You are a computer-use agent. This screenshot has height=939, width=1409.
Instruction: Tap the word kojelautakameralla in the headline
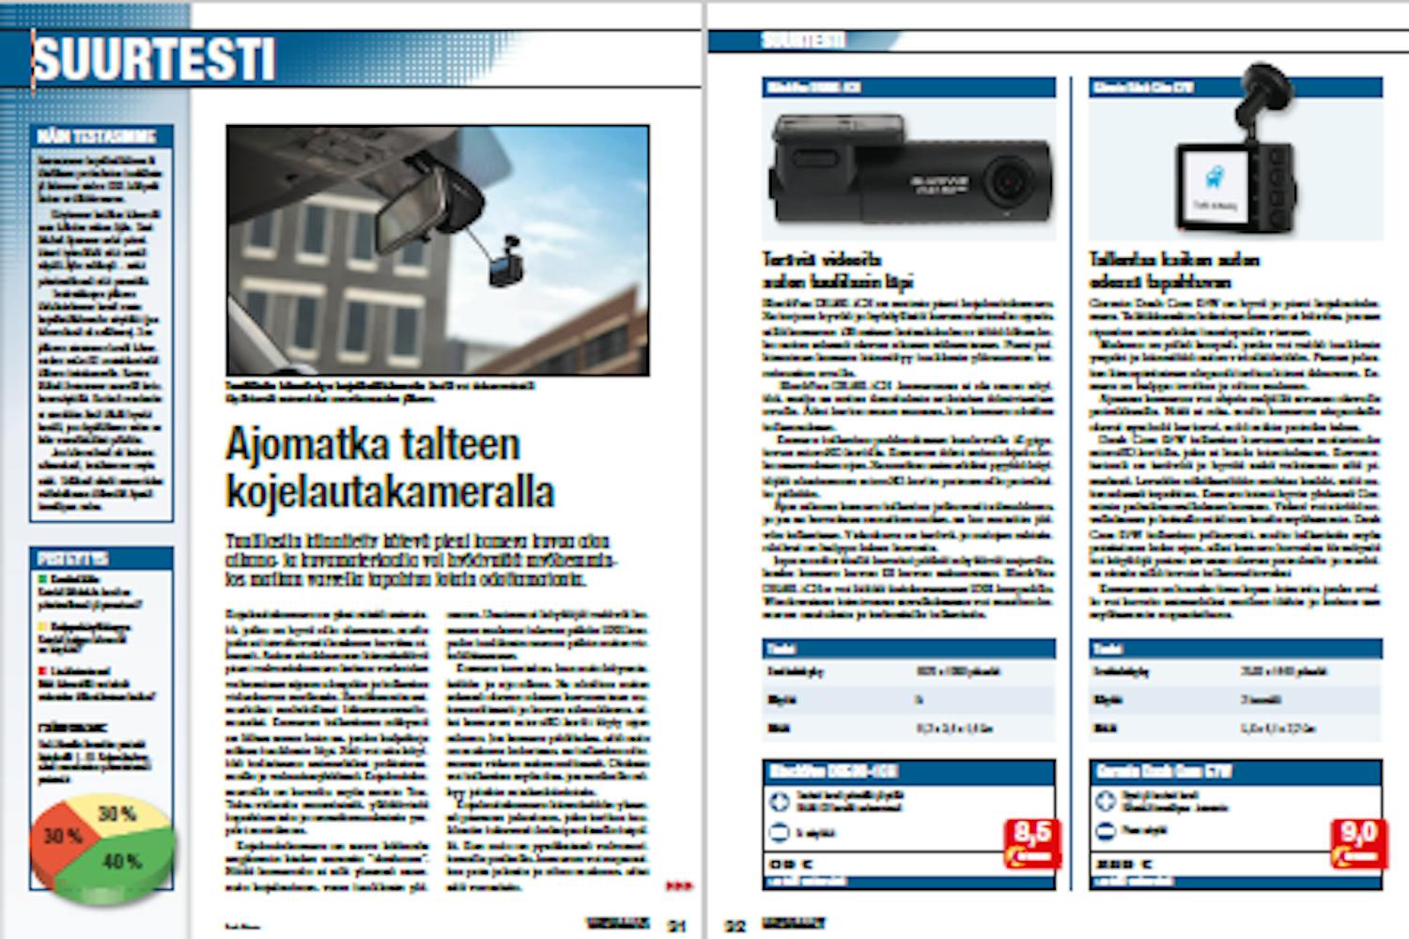(x=390, y=491)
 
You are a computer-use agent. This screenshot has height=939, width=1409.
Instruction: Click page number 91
(x=676, y=926)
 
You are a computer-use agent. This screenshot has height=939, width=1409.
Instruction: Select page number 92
(x=735, y=926)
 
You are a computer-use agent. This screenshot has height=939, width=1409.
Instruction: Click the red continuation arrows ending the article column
(x=678, y=885)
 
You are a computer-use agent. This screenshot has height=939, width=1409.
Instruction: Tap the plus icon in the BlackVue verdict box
(x=778, y=802)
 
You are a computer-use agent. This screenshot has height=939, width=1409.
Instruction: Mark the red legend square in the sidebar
(x=42, y=670)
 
